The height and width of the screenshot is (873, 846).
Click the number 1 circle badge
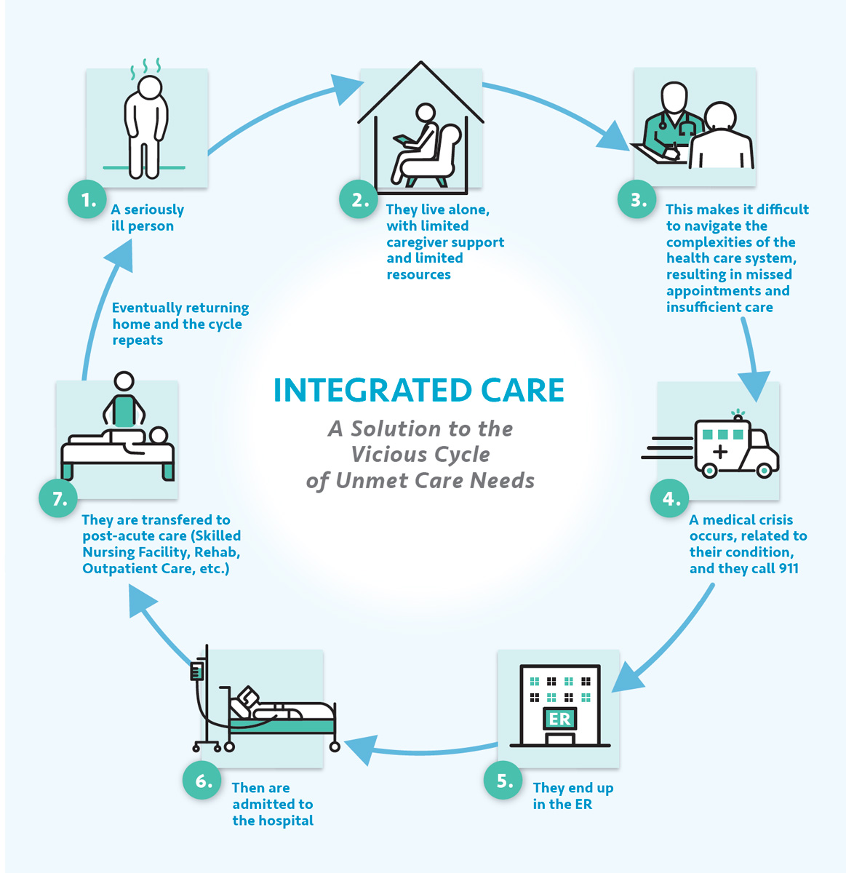pyautogui.click(x=87, y=199)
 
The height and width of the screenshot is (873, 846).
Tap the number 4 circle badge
pyautogui.click(x=670, y=498)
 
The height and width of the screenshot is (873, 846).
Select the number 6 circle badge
pyautogui.click(x=201, y=781)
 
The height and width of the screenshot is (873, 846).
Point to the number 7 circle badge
pyautogui.click(x=58, y=498)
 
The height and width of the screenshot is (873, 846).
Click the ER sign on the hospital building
pyautogui.click(x=559, y=719)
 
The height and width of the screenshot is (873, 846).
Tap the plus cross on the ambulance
pyautogui.click(x=720, y=450)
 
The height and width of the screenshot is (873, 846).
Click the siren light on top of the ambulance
pyautogui.click(x=738, y=415)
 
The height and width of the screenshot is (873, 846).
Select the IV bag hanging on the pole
pyautogui.click(x=196, y=671)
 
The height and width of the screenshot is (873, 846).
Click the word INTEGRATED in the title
pyautogui.click(x=372, y=390)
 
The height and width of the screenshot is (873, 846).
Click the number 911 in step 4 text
pyautogui.click(x=788, y=568)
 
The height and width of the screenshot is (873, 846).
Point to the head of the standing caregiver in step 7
pyautogui.click(x=124, y=381)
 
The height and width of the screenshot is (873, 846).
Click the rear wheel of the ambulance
pyautogui.click(x=709, y=471)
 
